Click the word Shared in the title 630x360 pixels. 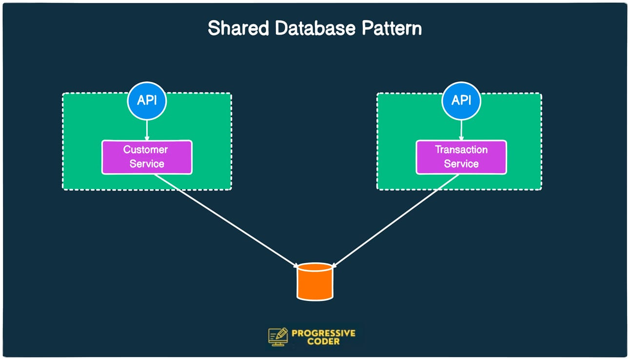[x=238, y=28]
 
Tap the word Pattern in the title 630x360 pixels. [x=392, y=28]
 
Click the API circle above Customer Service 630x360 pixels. [x=147, y=100]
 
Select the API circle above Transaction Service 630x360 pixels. [x=461, y=100]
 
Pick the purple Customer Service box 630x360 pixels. [x=147, y=157]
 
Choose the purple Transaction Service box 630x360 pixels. [x=461, y=157]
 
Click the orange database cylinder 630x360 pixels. [x=315, y=281]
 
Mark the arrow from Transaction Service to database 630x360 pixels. [x=396, y=220]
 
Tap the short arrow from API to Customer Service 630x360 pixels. [x=147, y=130]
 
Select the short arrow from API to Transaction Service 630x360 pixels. [x=461, y=130]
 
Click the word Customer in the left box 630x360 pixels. [x=145, y=150]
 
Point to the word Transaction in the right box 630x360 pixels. [x=461, y=150]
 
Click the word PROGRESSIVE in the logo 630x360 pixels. [x=324, y=334]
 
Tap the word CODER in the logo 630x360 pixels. [x=324, y=341]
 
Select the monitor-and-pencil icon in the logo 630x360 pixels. [x=278, y=337]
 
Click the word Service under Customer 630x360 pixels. [x=147, y=164]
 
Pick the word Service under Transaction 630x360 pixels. [x=461, y=164]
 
